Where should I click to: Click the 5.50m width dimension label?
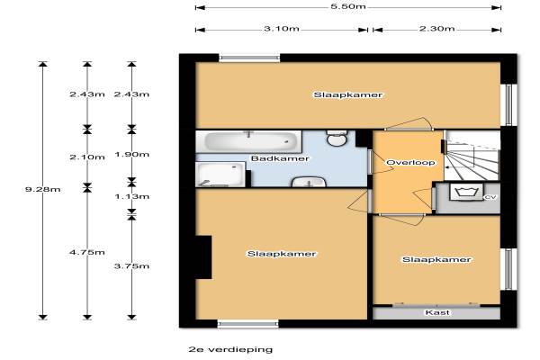coord(347,6)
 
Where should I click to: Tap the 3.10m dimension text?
coord(282,29)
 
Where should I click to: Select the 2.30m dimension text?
coord(436,29)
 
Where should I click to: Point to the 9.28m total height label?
coord(42,189)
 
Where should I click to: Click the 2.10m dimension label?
coord(87,157)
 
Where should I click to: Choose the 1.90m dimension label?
coord(131,154)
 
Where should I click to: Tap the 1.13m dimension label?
coord(131,196)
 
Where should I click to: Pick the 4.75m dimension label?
coord(87,252)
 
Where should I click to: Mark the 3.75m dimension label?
coord(131,266)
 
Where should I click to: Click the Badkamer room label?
coord(280,158)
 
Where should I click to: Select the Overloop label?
coord(410,162)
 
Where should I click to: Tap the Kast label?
coord(437,312)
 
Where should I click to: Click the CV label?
coord(490,197)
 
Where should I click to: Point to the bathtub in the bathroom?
coord(248,141)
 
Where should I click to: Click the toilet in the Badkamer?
coord(337,139)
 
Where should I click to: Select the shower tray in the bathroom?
coord(220,175)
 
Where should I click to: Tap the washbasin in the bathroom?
coord(309,182)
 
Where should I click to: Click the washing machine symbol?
coord(466,192)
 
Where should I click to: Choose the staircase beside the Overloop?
coord(472,156)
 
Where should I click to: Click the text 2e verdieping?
coord(230,350)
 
